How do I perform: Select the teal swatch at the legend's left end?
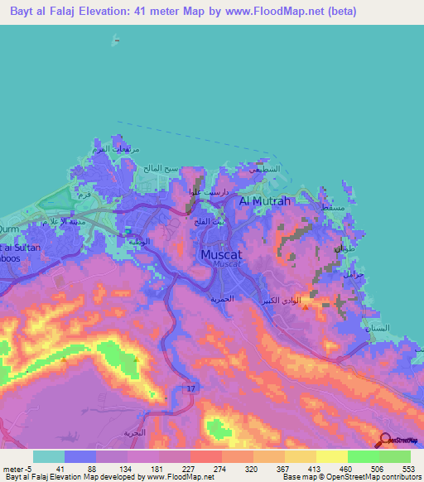point(48,456)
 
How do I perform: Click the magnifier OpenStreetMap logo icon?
point(384,440)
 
